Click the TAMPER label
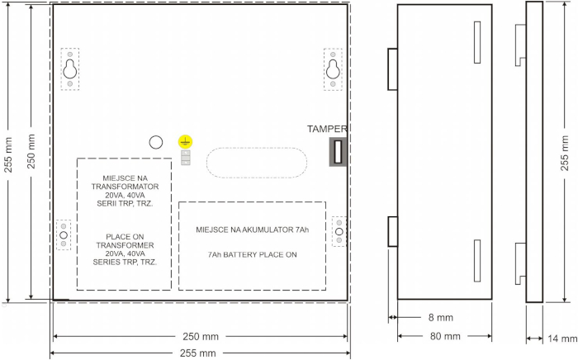coord(327,129)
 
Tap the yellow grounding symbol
coord(185,142)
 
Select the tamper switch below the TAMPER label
coord(338,152)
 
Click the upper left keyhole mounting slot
coord(69,69)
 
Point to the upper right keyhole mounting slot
coord(333,69)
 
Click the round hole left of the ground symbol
coord(155,142)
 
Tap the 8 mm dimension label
coord(440,318)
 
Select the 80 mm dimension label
coord(445,336)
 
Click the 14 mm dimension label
coord(562,339)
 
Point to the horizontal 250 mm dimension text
coord(201,336)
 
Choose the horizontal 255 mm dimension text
coord(197,353)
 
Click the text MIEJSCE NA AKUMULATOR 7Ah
coord(252,230)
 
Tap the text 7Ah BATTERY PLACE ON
coord(252,254)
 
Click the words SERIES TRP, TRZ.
coord(125,263)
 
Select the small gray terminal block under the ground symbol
coord(186,158)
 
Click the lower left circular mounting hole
coord(64,235)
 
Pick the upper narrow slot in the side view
coord(477,42)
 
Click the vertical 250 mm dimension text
coord(31,151)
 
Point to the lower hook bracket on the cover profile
coord(520,263)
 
